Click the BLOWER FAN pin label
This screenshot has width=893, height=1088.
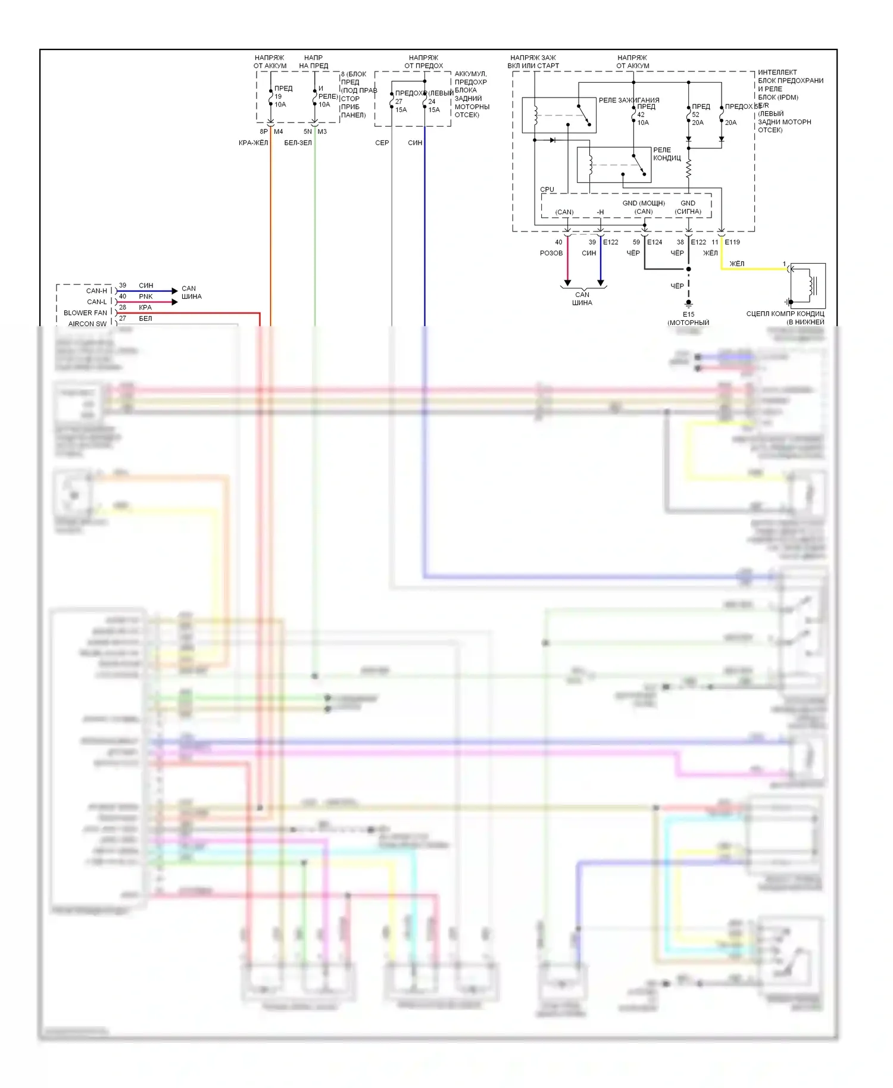coord(85,312)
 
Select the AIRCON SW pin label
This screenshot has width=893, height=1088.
coord(87,324)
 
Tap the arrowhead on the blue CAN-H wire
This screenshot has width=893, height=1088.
coord(174,291)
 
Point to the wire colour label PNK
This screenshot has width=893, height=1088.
coord(146,296)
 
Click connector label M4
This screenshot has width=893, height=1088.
coord(278,132)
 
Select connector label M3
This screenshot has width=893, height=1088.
coord(322,132)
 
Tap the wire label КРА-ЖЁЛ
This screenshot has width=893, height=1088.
coord(253,143)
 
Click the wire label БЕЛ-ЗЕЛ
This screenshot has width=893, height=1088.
coord(298,143)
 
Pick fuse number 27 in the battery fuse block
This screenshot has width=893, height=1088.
coord(399,101)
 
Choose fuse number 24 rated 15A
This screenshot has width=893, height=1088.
coord(432,101)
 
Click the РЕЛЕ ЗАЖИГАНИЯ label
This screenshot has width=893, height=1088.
coord(629,100)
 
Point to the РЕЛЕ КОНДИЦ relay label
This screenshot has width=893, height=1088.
coord(667,154)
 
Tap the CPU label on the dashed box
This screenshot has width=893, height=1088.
coord(547,189)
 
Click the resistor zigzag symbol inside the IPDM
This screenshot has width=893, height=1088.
coord(689,169)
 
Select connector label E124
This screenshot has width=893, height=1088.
coord(654,242)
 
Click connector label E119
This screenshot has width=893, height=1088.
coord(732,242)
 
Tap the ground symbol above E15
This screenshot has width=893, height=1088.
coord(689,304)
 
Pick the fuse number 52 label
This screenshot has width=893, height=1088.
coord(695,115)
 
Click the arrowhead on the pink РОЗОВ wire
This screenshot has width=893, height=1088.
coord(567,283)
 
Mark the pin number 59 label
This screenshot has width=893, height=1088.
coord(636,242)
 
